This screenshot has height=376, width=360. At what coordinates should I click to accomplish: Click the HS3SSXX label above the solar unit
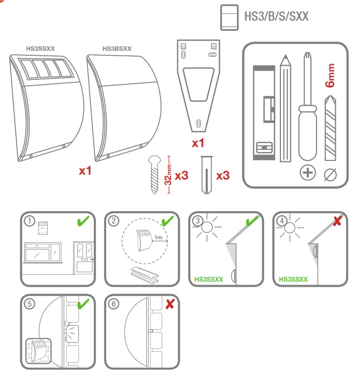point(40,49)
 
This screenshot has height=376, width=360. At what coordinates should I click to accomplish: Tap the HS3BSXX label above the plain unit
point(117,49)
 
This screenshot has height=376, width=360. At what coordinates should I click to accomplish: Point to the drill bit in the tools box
point(330,128)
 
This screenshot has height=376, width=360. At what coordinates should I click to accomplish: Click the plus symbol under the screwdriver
point(308,173)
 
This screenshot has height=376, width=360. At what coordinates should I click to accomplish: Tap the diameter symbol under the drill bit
point(330,173)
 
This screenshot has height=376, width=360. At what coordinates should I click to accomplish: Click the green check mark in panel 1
point(83,222)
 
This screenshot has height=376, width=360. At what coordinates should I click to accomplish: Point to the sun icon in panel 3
point(206,228)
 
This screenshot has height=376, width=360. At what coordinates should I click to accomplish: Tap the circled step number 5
point(31,304)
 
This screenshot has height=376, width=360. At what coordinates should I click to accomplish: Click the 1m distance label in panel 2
point(159,238)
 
